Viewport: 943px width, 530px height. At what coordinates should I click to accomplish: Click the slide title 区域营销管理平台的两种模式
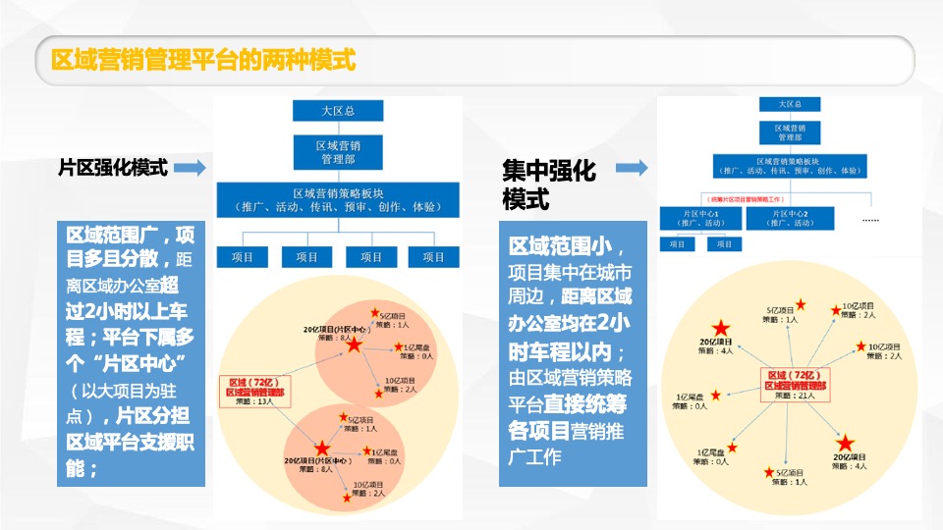coord(202,60)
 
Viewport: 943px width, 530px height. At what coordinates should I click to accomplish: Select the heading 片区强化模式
coord(114,168)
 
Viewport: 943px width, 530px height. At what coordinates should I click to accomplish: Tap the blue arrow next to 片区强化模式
coord(191,168)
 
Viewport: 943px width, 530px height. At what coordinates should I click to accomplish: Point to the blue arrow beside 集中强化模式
coord(632,169)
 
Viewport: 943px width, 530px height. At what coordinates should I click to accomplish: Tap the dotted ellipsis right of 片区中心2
coord(870,220)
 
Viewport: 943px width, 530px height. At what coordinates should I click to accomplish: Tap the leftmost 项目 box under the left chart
coord(243,257)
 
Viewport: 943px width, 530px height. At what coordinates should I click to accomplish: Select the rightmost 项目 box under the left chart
coord(433,257)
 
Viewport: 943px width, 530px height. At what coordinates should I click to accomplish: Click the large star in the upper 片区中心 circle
coord(354,346)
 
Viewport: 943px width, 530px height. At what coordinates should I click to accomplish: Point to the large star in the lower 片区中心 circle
coord(322,449)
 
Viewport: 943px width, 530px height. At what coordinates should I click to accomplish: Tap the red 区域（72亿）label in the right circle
coord(791,375)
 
